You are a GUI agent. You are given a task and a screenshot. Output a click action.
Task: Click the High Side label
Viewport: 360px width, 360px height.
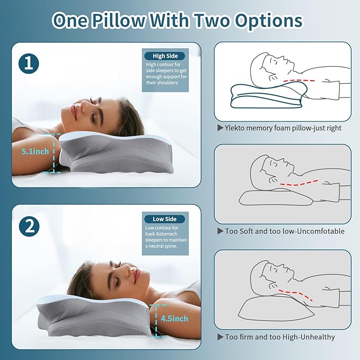point(165,56)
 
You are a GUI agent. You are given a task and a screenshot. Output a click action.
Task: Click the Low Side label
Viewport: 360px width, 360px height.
point(165,219)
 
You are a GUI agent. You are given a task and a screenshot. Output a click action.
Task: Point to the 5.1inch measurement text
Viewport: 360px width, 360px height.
point(36,151)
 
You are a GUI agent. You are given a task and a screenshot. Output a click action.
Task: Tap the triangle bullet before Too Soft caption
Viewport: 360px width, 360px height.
point(220,231)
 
